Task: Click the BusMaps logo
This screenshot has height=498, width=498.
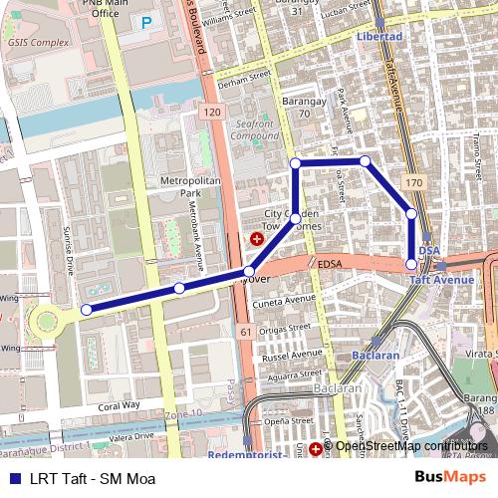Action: pyautogui.click(x=450, y=477)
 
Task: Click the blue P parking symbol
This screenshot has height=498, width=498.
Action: pyautogui.click(x=146, y=22)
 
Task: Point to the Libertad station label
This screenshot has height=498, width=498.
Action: pyautogui.click(x=378, y=37)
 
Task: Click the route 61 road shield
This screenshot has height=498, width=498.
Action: pyautogui.click(x=245, y=330)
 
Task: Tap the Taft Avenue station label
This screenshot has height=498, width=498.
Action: pyautogui.click(x=442, y=281)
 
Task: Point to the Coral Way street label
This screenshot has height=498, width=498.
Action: pyautogui.click(x=120, y=405)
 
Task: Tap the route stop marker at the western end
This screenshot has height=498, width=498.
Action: pyautogui.click(x=86, y=310)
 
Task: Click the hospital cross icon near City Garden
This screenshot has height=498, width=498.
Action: pyautogui.click(x=257, y=239)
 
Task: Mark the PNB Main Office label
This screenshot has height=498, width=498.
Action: pyautogui.click(x=105, y=10)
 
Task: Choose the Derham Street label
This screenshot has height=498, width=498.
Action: pyautogui.click(x=243, y=79)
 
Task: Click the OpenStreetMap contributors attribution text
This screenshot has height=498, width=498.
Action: pyautogui.click(x=409, y=446)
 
